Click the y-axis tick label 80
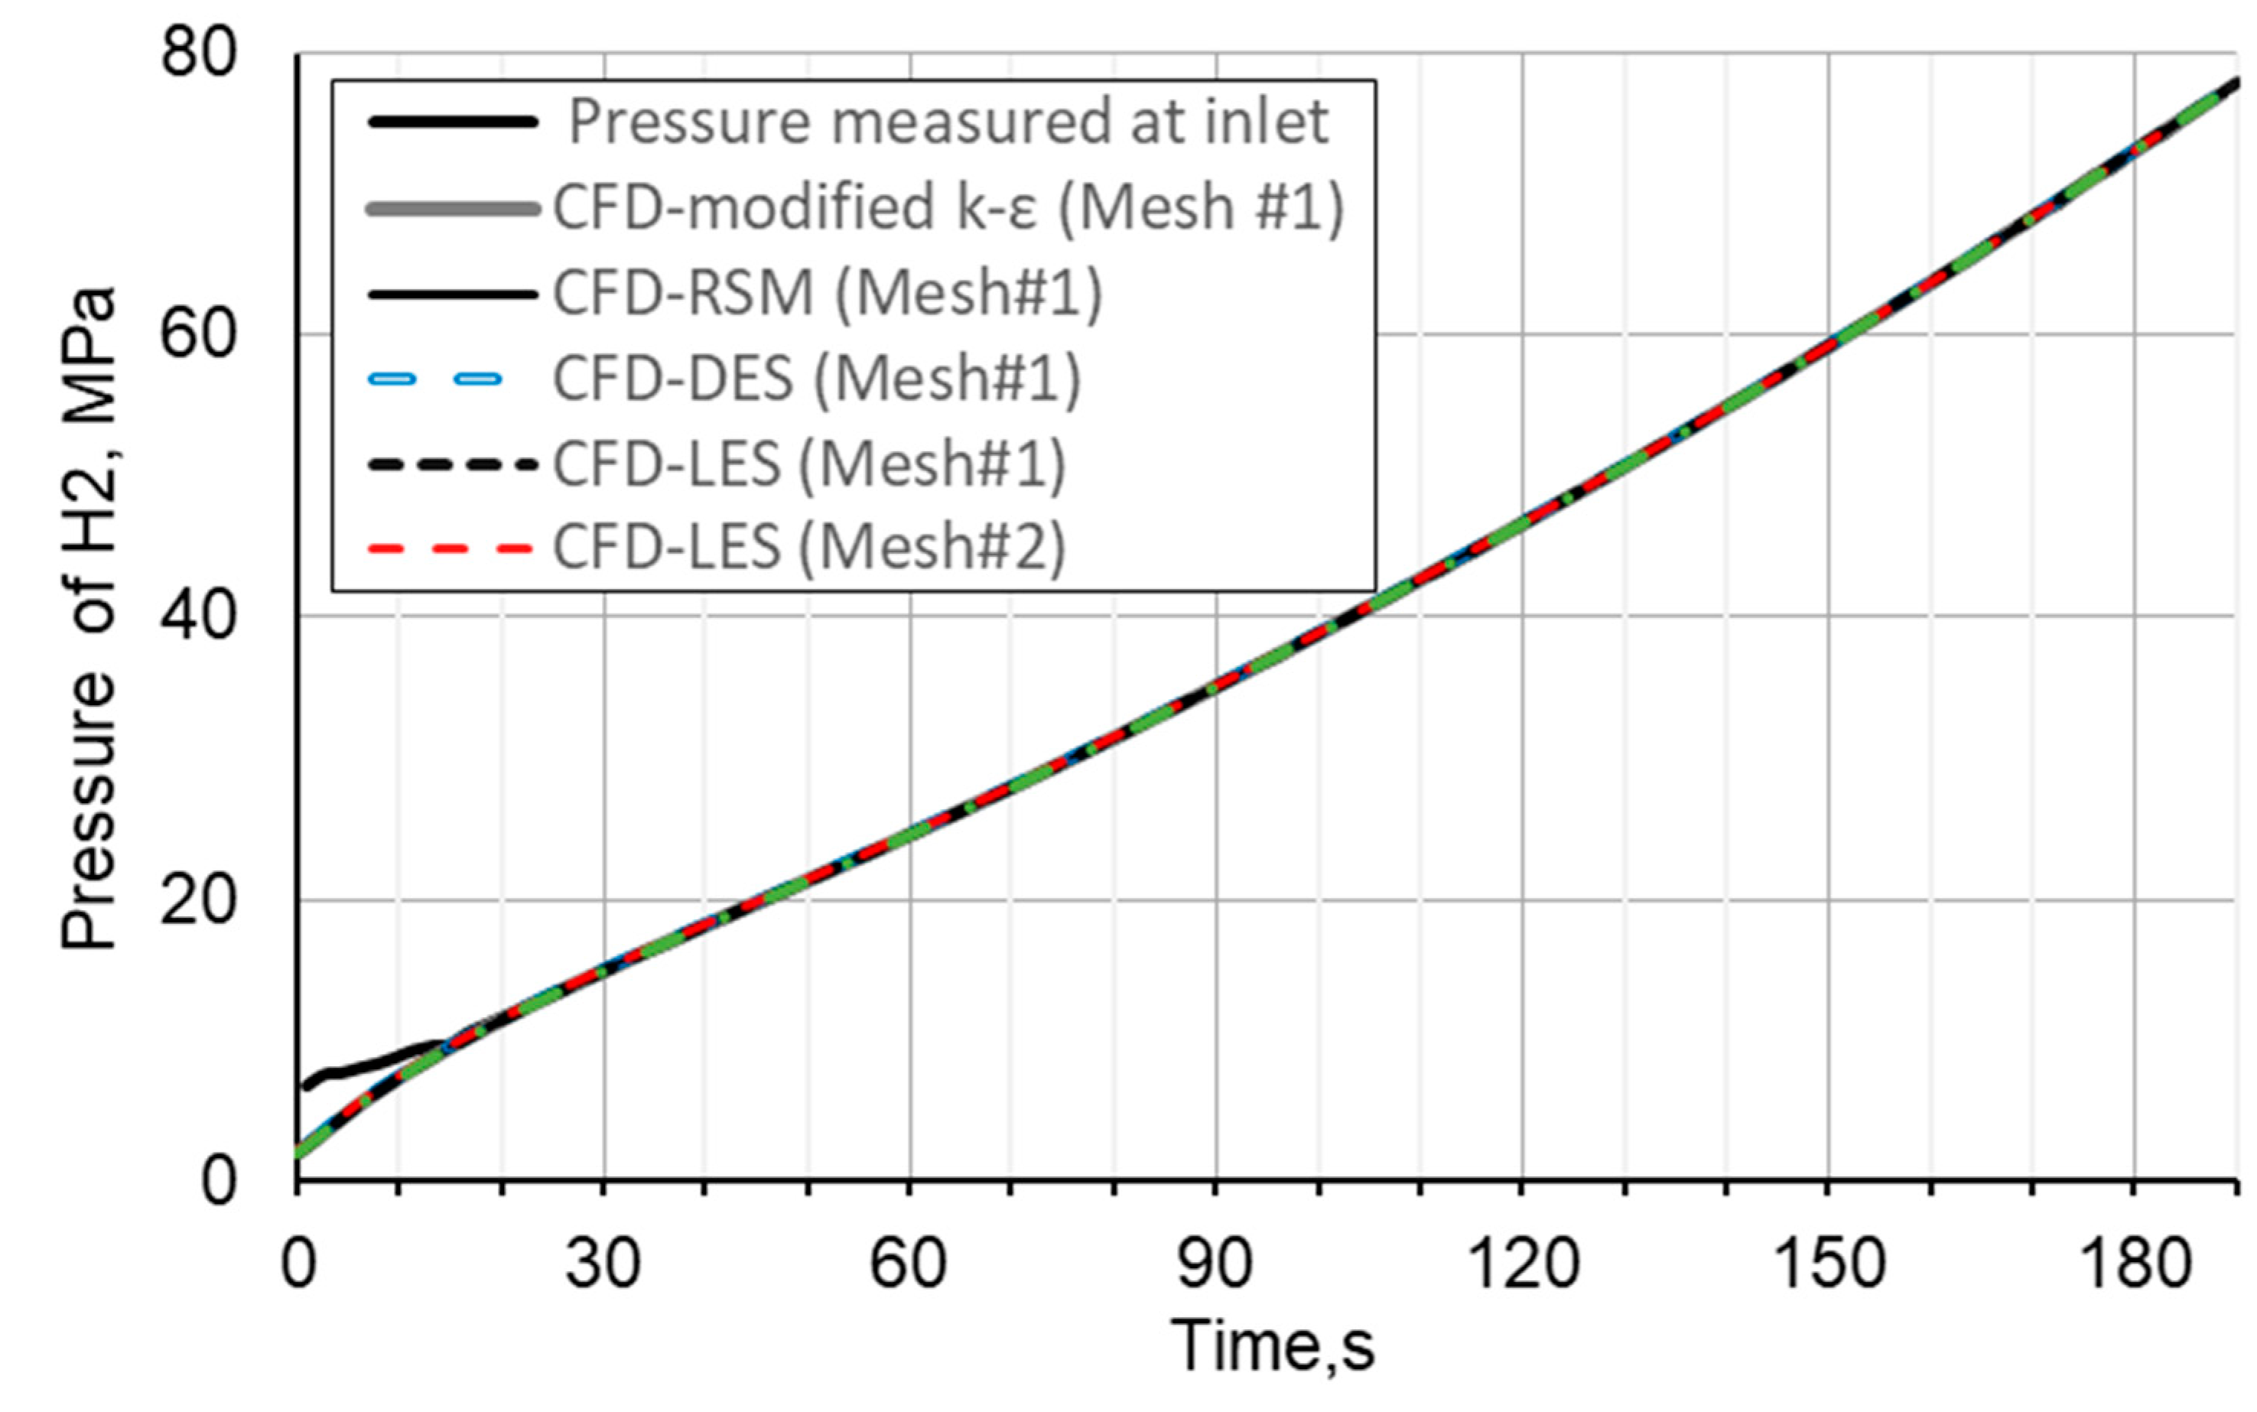tap(198, 54)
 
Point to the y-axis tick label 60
tap(198, 334)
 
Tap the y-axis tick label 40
tap(198, 617)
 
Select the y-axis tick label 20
tap(198, 900)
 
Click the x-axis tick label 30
tap(603, 1264)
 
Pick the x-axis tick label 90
tap(1215, 1264)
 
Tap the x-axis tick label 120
tap(1522, 1264)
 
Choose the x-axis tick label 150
tap(1827, 1264)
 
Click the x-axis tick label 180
tap(2134, 1264)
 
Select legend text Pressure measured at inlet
tap(948, 122)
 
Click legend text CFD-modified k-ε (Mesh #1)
tap(948, 207)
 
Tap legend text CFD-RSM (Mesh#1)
tap(828, 292)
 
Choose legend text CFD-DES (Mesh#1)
tap(816, 378)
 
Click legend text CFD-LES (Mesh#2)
tap(808, 546)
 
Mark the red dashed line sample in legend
tap(452, 549)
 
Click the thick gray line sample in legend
tap(452, 209)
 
